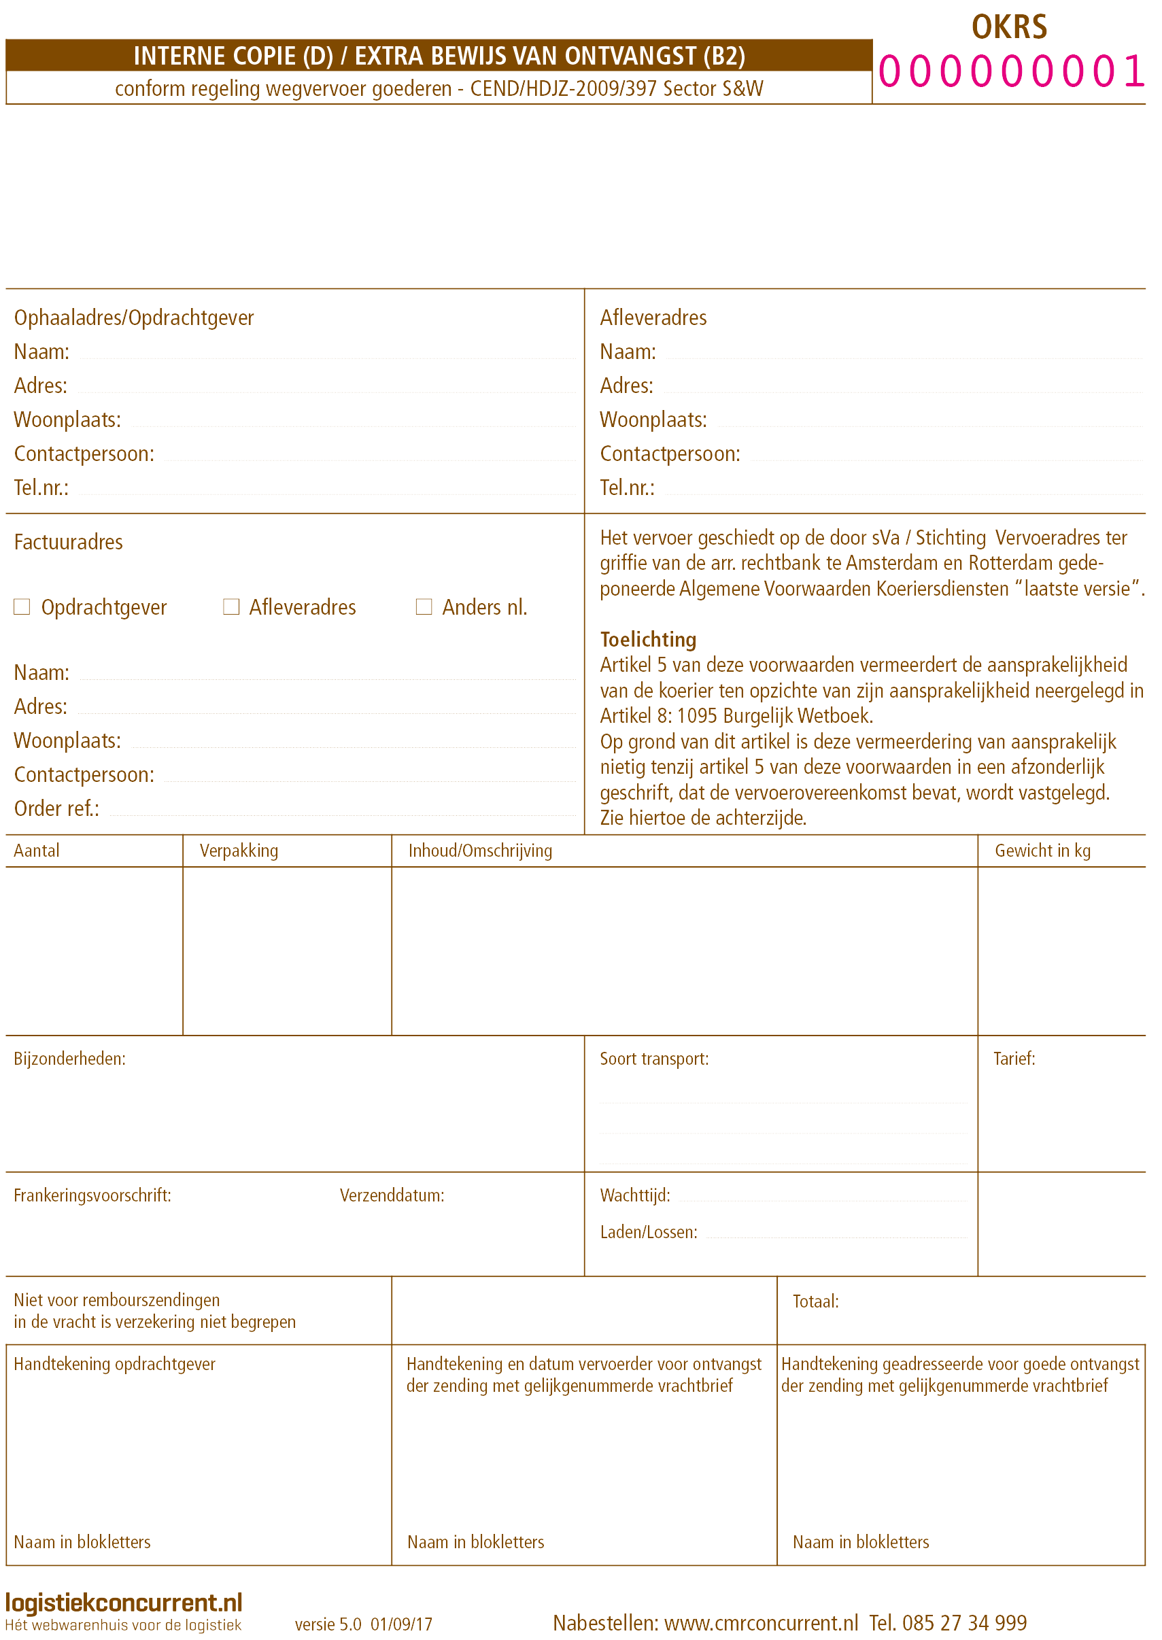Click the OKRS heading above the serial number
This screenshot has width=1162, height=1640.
(x=1009, y=27)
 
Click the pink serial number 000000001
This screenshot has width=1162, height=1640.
(x=1011, y=71)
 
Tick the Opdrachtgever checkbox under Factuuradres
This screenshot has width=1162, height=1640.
(x=22, y=607)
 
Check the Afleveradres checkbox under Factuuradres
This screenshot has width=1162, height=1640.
(x=231, y=607)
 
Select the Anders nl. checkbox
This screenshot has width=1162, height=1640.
(x=424, y=607)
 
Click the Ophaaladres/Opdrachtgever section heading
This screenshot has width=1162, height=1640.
(x=134, y=318)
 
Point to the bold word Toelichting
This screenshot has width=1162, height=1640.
(x=647, y=639)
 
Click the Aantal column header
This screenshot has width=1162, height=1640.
(x=37, y=850)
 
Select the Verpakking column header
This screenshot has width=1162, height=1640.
(x=238, y=850)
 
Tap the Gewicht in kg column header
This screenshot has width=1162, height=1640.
(x=1042, y=850)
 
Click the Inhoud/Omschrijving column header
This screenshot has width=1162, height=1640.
(x=481, y=850)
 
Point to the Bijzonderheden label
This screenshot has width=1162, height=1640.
(x=70, y=1058)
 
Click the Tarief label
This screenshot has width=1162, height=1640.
(x=1014, y=1058)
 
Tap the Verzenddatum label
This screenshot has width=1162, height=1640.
(x=392, y=1195)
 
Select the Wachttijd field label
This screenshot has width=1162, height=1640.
(x=634, y=1195)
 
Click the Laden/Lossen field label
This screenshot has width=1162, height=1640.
(x=648, y=1232)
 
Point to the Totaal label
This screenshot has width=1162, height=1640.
(x=815, y=1301)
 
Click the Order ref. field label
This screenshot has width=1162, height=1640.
(x=57, y=808)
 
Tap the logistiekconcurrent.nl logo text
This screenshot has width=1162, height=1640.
(x=124, y=1602)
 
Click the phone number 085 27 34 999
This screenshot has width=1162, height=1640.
(x=964, y=1623)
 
